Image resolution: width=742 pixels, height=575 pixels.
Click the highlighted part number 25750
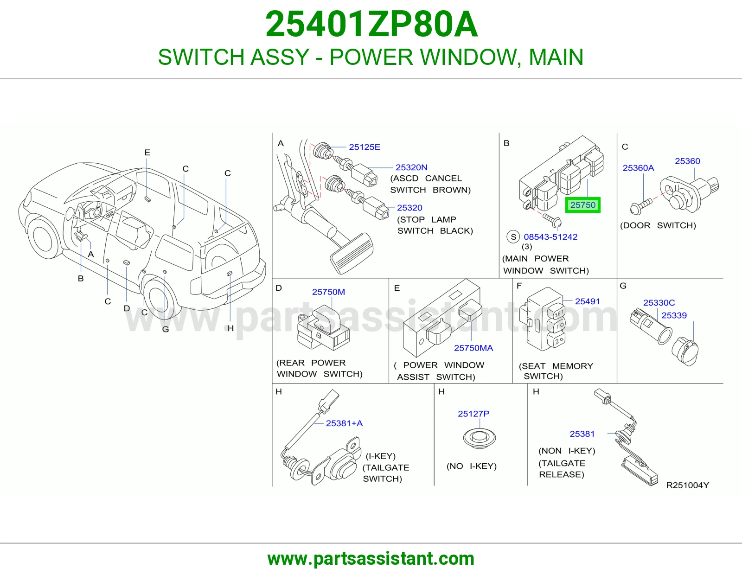[582, 205]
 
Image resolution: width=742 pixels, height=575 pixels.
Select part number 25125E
[365, 147]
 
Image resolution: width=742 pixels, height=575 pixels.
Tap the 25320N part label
[411, 167]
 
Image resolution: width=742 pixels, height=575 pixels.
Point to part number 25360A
[638, 168]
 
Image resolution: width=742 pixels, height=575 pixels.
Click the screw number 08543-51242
[550, 237]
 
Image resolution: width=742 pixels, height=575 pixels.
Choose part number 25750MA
[473, 348]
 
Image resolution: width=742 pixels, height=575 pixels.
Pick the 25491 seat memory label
[587, 301]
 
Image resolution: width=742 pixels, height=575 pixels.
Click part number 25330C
[659, 302]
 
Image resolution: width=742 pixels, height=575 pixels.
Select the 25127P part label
[473, 414]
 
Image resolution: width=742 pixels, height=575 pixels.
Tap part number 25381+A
[344, 423]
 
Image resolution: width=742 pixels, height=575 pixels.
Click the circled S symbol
[513, 236]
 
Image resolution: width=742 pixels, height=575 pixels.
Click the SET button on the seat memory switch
[556, 312]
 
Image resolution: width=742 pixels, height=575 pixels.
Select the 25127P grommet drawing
[480, 438]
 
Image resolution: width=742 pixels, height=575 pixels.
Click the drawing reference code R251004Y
[687, 485]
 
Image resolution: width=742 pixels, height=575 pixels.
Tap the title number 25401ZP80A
[371, 25]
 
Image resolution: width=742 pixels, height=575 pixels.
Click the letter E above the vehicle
[147, 153]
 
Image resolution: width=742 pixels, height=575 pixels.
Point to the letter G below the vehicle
[166, 330]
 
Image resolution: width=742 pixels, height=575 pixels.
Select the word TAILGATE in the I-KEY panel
[386, 467]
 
